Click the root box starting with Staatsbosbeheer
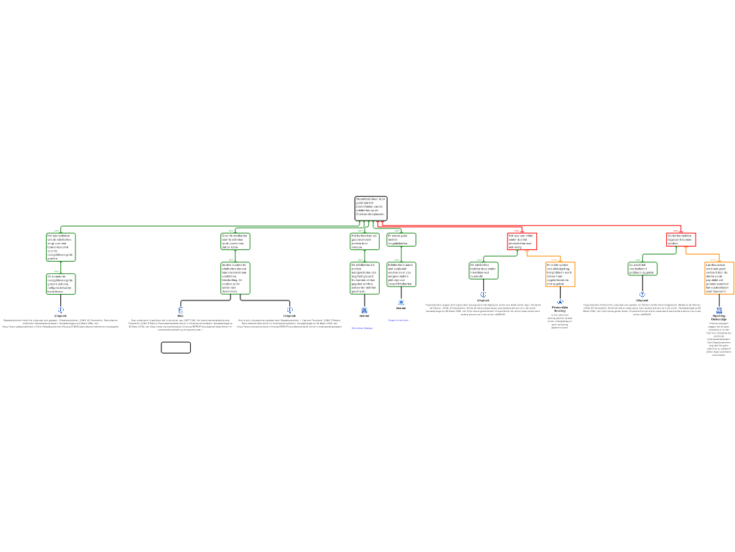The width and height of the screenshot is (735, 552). coord(370,208)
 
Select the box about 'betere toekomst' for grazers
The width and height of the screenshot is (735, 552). coord(61,247)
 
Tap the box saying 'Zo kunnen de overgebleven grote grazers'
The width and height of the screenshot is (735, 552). coord(61,284)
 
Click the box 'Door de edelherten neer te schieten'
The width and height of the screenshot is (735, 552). coord(235,241)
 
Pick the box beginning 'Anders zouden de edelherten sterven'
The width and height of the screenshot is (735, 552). coord(235,278)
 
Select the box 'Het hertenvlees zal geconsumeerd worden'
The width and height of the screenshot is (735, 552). coord(365,241)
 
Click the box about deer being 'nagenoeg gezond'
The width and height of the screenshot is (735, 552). coord(365,278)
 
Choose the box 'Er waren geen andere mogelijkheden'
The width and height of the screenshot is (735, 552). coord(401,239)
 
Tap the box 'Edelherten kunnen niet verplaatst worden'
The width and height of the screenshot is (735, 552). coord(401,275)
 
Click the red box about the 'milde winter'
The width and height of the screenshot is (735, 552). coord(522,241)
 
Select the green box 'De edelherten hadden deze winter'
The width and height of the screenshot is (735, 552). coord(483,270)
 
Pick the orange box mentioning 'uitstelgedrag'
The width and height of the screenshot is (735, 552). coord(560,275)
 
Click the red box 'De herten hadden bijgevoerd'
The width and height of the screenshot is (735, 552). coord(680,239)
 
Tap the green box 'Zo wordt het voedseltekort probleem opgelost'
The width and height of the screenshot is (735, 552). coord(642,269)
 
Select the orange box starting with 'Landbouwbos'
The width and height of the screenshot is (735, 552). coord(718,278)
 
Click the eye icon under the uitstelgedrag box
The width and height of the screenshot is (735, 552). coord(560,302)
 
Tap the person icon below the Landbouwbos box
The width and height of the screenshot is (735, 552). coord(718,310)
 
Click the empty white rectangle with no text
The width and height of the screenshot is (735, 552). coord(176,348)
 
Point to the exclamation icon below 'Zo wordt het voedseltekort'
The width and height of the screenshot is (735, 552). coord(642,295)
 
